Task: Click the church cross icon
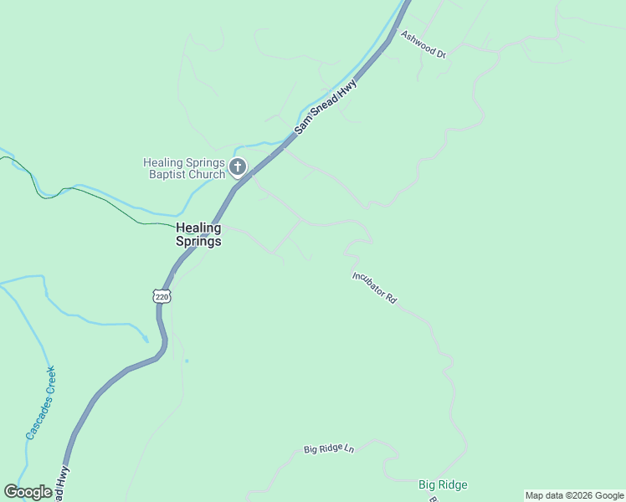pos(238,167)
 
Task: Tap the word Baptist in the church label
pos(167,175)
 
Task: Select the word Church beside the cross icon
pos(207,175)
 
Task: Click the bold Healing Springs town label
pos(198,234)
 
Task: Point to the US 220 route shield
pos(162,296)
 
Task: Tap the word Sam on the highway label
pos(302,125)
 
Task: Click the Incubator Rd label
pos(374,287)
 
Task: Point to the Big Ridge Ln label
pos(329,449)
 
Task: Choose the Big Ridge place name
pos(443,484)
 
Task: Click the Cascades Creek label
pos(39,402)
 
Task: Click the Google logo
pos(28,492)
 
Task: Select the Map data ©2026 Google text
pos(575,495)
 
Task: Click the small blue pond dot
pos(187,361)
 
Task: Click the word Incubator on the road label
pos(369,284)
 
